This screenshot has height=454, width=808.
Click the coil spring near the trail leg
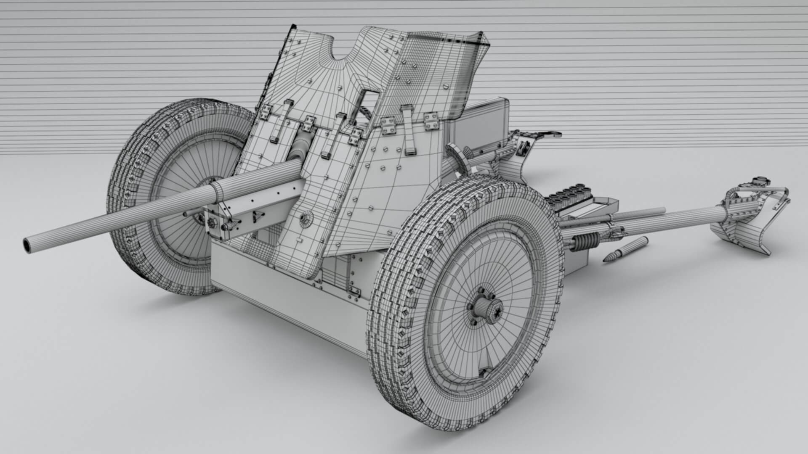point(585,242)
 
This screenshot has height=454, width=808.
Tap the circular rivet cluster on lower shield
point(306,217)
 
